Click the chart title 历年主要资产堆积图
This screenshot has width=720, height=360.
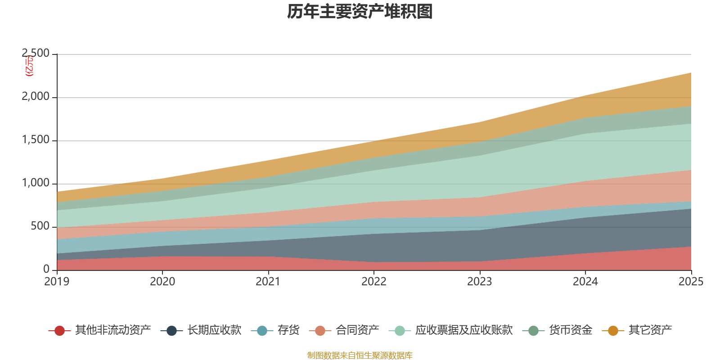[360, 12]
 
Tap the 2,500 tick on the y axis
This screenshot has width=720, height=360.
[36, 54]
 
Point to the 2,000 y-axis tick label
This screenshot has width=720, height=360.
[36, 97]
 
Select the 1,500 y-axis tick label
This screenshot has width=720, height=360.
[36, 140]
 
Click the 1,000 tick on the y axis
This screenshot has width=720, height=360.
[36, 183]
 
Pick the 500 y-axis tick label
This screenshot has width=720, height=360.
[40, 226]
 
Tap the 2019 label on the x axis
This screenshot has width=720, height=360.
[57, 282]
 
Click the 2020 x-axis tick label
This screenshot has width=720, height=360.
[162, 282]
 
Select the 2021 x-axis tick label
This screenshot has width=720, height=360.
[268, 282]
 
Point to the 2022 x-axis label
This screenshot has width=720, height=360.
[374, 282]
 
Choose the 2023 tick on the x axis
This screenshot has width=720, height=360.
[480, 282]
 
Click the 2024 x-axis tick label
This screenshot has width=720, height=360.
[585, 282]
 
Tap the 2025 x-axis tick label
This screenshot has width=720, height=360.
[691, 282]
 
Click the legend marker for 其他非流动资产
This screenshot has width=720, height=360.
[59, 331]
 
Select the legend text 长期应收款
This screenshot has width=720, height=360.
[214, 330]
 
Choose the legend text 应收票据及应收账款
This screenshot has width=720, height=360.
[463, 330]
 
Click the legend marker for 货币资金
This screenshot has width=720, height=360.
[534, 331]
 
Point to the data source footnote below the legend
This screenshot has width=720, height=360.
[360, 355]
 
